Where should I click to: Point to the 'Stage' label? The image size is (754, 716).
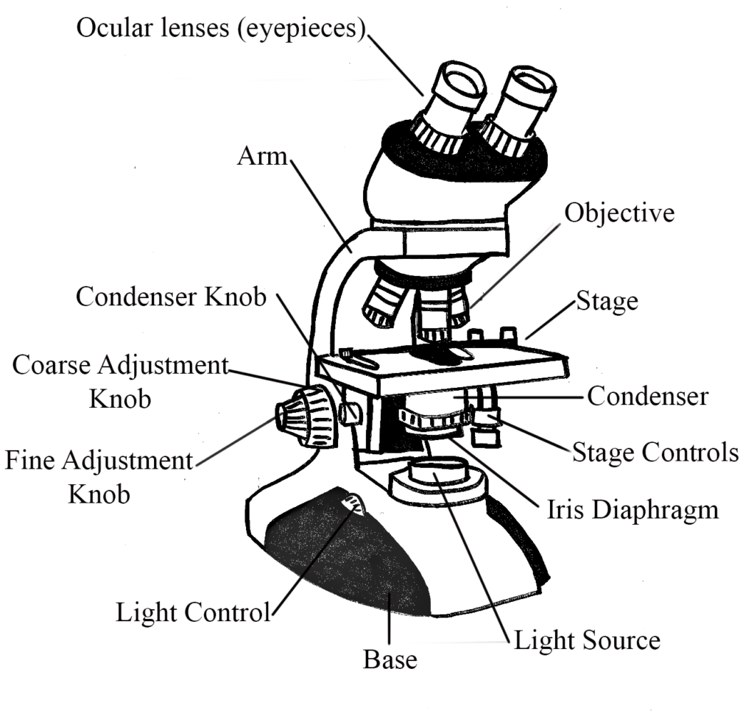tap(607, 300)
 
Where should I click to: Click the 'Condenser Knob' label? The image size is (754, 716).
tap(171, 297)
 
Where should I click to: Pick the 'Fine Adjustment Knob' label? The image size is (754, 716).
tap(99, 477)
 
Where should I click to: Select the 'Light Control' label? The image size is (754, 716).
tap(194, 612)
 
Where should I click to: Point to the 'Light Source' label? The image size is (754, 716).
tap(586, 639)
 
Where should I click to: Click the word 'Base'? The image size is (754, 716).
tap(390, 659)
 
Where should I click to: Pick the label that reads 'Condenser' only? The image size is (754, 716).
tap(647, 397)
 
